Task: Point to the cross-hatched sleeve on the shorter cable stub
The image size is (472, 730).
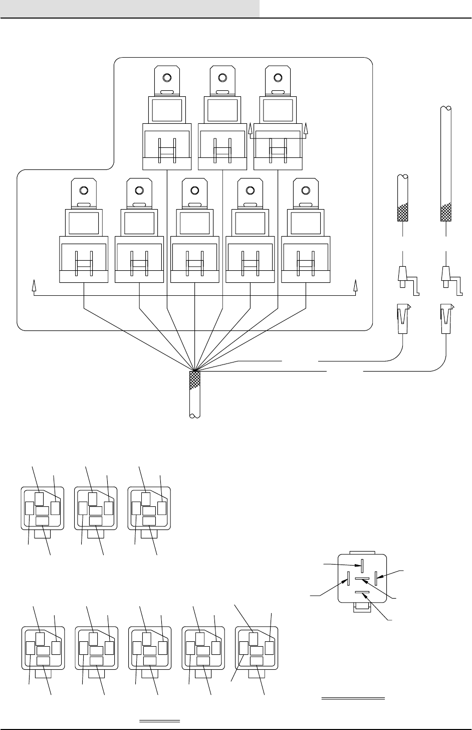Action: tap(403, 213)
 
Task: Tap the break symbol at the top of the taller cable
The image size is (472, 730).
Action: tap(446, 107)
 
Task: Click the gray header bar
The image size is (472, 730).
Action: tap(130, 9)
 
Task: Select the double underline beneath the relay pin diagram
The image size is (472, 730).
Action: tap(353, 698)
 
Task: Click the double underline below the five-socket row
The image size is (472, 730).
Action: tap(159, 721)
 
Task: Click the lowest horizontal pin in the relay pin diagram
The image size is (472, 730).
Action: tap(362, 593)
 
